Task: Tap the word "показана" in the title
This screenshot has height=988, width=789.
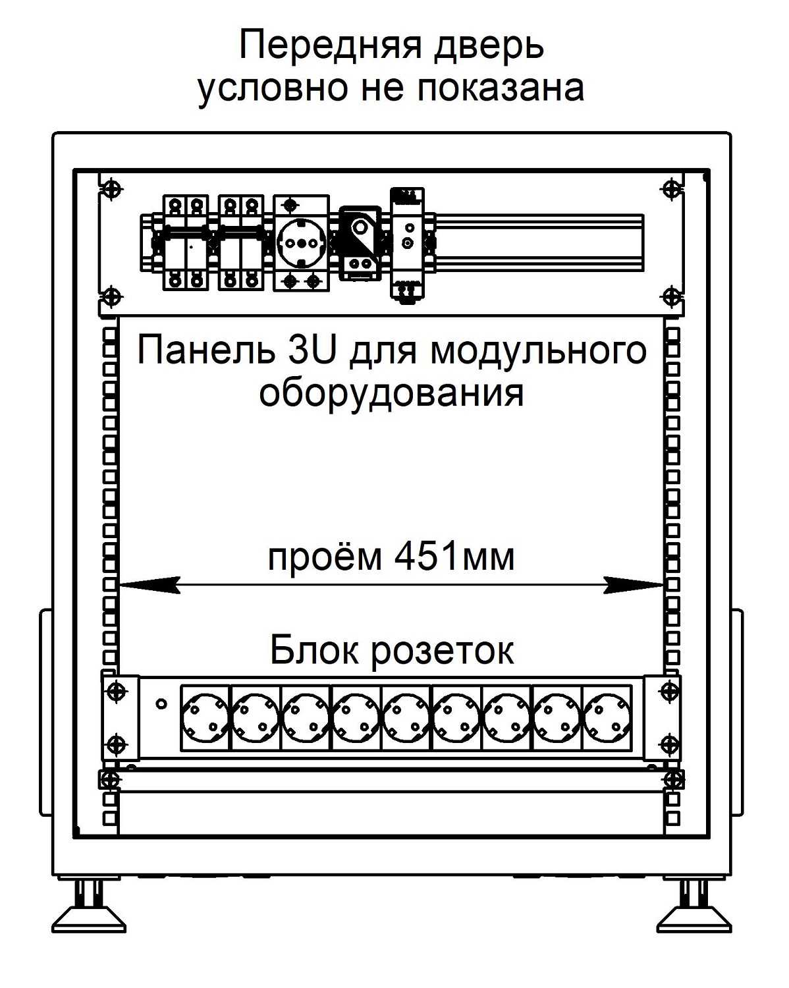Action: point(501,88)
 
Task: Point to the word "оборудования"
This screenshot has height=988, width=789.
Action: point(391,395)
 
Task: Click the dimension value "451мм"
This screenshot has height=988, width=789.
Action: point(454,557)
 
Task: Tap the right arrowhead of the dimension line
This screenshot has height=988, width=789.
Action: point(634,585)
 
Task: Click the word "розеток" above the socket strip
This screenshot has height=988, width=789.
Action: point(443,651)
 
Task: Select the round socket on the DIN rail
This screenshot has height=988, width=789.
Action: point(302,242)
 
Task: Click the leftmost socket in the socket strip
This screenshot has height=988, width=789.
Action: point(205,718)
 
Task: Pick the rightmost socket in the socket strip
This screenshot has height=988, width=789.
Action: point(607,718)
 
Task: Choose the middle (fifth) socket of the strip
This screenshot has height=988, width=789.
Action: point(406,718)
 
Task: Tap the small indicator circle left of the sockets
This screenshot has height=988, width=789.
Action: point(161,703)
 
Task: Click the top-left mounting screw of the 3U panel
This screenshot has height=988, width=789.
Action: point(111,188)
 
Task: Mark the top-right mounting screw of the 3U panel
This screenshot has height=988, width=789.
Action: point(672,188)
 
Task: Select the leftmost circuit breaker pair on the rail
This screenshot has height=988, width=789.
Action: point(186,242)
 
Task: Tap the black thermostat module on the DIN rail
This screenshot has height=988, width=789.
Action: point(360,243)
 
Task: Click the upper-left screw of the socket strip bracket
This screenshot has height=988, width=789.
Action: point(117,690)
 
